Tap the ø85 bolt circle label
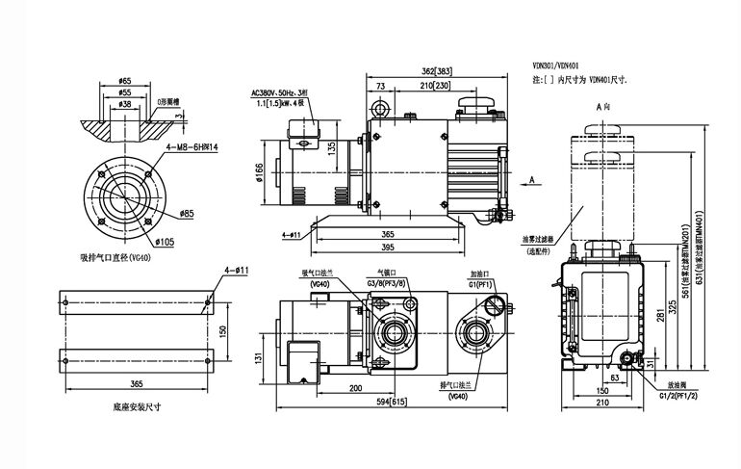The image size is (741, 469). [187, 213]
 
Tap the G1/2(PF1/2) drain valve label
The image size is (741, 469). [677, 394]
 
